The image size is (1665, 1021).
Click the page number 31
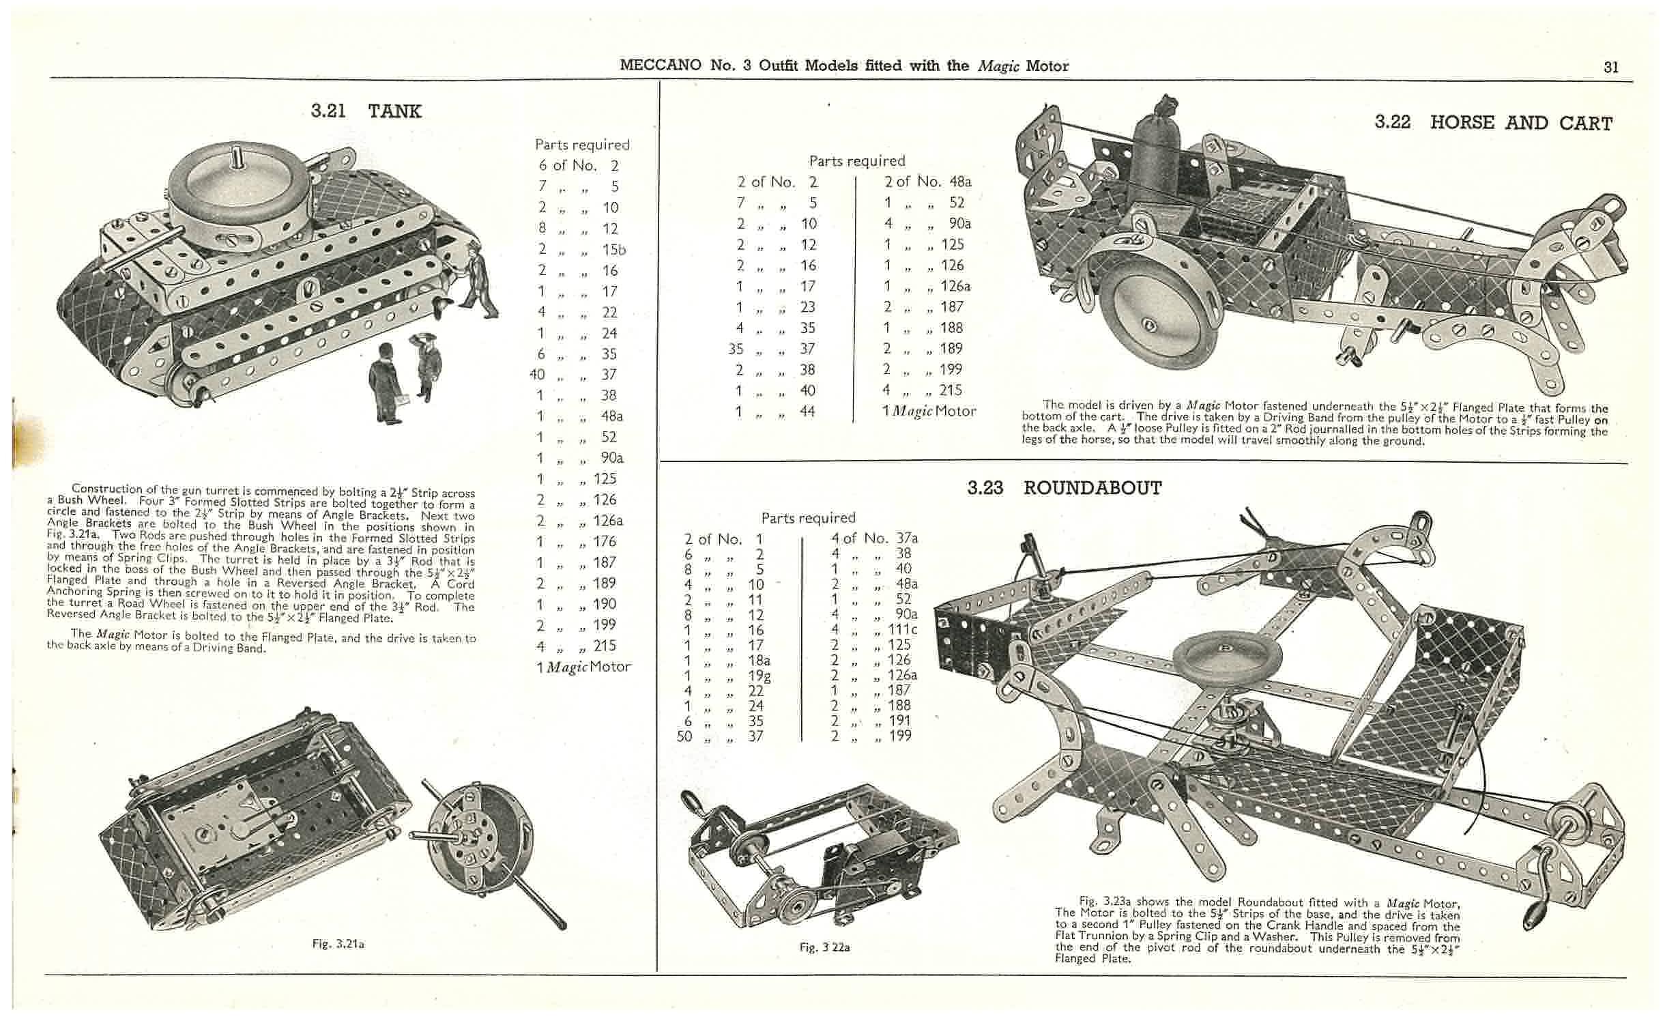point(1610,67)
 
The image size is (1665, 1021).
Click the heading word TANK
point(394,111)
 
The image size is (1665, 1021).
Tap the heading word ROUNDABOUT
point(1092,488)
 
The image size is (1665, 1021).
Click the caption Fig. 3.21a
point(338,945)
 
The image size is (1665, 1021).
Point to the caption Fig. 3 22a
point(824,947)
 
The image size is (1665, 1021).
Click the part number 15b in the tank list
point(613,250)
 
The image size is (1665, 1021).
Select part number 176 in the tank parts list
point(605,541)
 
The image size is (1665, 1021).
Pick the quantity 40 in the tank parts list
point(537,375)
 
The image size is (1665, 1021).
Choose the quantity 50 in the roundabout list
point(685,736)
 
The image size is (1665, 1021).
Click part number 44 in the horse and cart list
point(807,412)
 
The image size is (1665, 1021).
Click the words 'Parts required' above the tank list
point(582,145)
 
